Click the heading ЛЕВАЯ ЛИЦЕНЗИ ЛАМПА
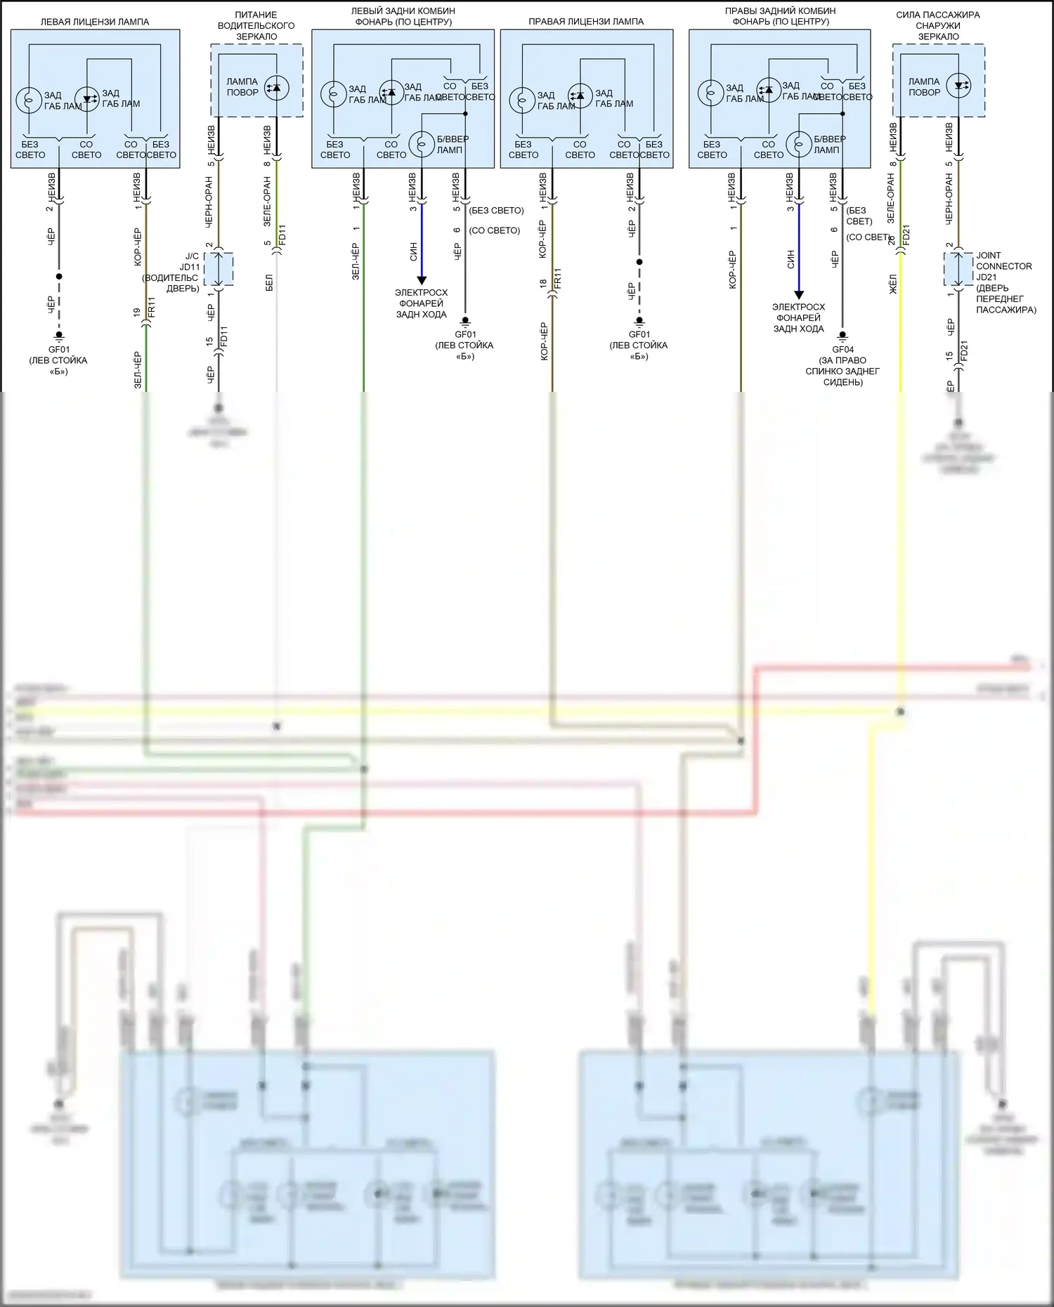click(95, 22)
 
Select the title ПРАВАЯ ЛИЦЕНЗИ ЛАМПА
click(586, 22)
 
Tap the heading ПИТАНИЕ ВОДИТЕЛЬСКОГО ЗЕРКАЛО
click(256, 25)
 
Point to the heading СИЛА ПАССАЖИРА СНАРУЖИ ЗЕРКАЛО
click(938, 25)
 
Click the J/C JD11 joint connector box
click(219, 270)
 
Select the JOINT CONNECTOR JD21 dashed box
click(958, 270)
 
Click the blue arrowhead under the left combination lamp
click(422, 280)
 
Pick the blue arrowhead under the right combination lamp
click(799, 295)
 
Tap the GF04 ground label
click(843, 349)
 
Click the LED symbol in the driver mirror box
click(276, 88)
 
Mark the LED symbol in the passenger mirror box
click(958, 86)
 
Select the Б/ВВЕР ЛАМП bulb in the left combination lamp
click(422, 144)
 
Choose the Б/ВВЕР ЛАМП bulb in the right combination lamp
click(800, 144)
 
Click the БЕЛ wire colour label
click(270, 283)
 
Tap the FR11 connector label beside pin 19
click(152, 308)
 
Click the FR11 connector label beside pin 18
click(558, 279)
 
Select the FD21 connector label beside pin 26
click(906, 235)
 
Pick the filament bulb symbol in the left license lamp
click(29, 100)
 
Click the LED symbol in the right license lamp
click(580, 95)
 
